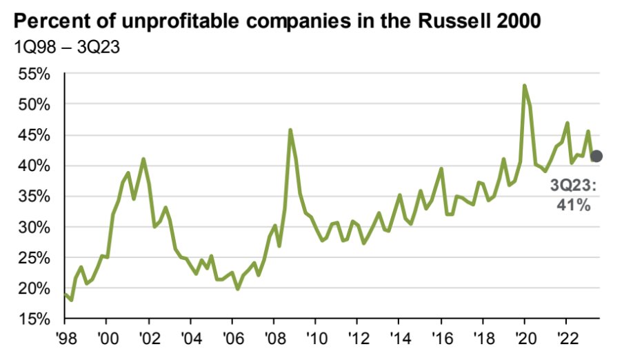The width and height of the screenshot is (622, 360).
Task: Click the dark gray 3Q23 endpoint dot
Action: pyautogui.click(x=597, y=157)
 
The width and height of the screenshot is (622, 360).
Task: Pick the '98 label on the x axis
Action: pyautogui.click(x=65, y=341)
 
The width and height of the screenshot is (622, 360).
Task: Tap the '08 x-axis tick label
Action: pyautogui.click(x=274, y=341)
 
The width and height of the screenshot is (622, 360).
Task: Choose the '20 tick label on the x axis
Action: pyautogui.click(x=524, y=341)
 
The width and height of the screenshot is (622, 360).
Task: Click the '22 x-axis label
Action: pyautogui.click(x=566, y=341)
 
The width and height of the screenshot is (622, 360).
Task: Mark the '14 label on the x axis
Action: pyautogui.click(x=399, y=341)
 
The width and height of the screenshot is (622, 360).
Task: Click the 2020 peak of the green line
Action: pyautogui.click(x=525, y=86)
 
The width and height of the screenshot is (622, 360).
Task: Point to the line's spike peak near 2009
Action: pyautogui.click(x=290, y=130)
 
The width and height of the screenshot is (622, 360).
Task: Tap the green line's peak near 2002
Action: pyautogui.click(x=143, y=159)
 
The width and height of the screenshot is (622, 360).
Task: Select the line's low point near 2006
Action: pyautogui.click(x=238, y=288)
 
